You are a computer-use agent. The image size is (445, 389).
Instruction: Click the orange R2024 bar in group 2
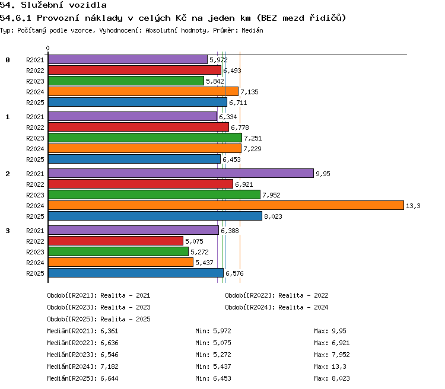coord(226,205)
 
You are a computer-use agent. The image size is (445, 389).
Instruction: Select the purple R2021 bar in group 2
coord(181,173)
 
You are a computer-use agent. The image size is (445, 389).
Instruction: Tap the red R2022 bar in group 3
coord(116,241)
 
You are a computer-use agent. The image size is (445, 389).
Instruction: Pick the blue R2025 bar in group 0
coord(138,102)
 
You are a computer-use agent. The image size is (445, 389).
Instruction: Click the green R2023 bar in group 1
coord(145,138)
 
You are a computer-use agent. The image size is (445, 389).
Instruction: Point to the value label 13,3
coord(413,206)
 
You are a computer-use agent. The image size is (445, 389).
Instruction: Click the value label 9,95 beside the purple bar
coord(323,174)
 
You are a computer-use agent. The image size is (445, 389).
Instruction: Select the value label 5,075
coord(194,241)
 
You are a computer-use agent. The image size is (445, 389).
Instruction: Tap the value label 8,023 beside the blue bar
coord(273,216)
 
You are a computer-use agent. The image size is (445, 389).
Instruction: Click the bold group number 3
coord(8,231)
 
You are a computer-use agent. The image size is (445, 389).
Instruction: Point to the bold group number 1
coord(8,117)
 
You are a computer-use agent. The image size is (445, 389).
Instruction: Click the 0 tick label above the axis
coord(47,48)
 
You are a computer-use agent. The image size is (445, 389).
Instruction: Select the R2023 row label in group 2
coord(35,195)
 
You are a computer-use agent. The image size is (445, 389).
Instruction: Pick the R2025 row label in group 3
coord(35,273)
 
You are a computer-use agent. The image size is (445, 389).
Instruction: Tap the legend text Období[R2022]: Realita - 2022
coord(276,295)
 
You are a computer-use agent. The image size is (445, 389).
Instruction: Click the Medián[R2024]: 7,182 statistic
coord(82,366)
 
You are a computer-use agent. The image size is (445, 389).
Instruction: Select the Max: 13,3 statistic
coord(330,366)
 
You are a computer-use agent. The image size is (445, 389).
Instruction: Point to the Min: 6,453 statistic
coord(213,378)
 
